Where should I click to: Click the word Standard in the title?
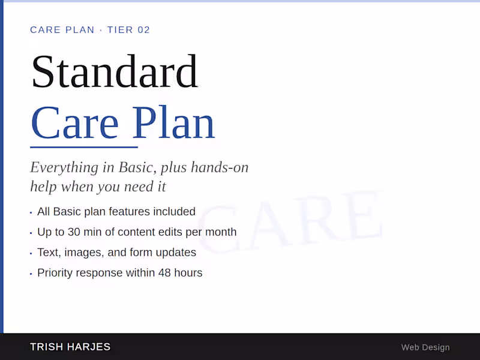coord(114,72)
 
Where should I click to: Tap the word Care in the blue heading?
coord(74,123)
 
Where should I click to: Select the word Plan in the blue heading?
coord(174,123)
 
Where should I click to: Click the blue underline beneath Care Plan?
coord(84,146)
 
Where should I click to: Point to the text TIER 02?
coord(128,30)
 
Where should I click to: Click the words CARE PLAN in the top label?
coord(62,30)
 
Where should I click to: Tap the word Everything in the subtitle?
coord(59,167)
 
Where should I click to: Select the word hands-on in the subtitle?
coord(220,167)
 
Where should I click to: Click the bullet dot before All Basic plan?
coord(31,212)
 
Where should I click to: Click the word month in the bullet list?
coord(221,232)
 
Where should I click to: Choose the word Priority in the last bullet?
coord(57,273)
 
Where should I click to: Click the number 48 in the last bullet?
coord(165,273)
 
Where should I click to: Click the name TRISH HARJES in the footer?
coord(70,347)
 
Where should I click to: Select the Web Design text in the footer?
coord(425,347)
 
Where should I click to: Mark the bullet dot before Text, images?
coord(31,253)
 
